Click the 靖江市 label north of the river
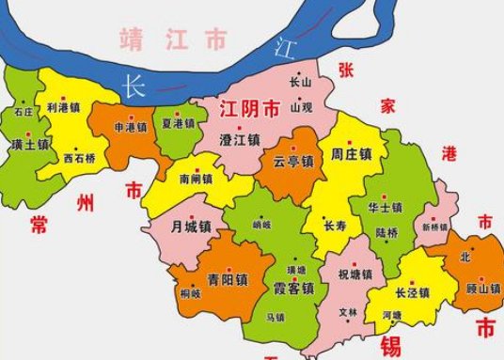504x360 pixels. pyautogui.click(x=173, y=39)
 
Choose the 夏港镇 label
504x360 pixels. pyautogui.click(x=178, y=123)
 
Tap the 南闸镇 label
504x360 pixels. pyautogui.click(x=196, y=178)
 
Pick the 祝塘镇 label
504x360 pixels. pyautogui.click(x=354, y=275)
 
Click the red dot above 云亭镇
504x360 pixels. pyautogui.click(x=292, y=149)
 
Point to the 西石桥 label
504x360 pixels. pyautogui.click(x=80, y=158)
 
